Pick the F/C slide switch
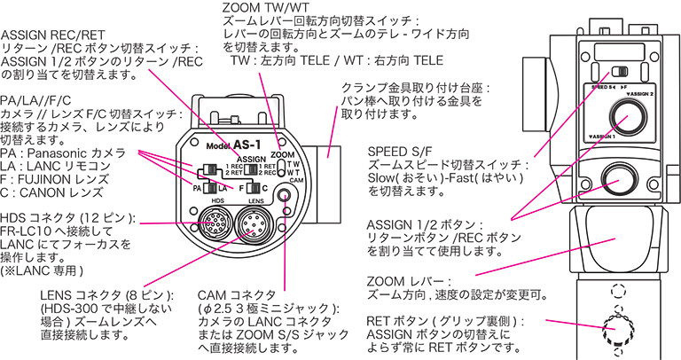point(254,187)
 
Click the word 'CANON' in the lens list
point(43,192)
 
